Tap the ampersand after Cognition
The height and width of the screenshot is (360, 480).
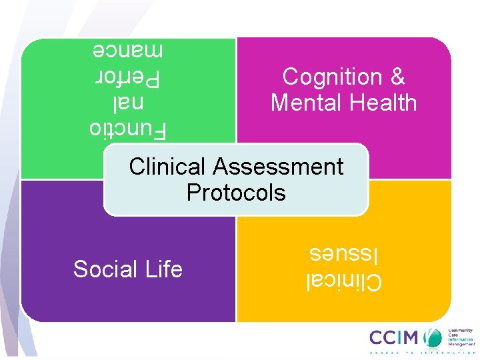click(x=397, y=77)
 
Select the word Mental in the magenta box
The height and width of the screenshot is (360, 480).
click(x=304, y=103)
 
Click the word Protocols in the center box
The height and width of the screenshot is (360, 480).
click(x=236, y=193)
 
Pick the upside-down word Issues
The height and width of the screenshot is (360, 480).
click(x=337, y=254)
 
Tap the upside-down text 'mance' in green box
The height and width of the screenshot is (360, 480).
click(x=127, y=49)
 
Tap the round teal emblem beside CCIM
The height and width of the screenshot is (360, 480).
click(x=435, y=337)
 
